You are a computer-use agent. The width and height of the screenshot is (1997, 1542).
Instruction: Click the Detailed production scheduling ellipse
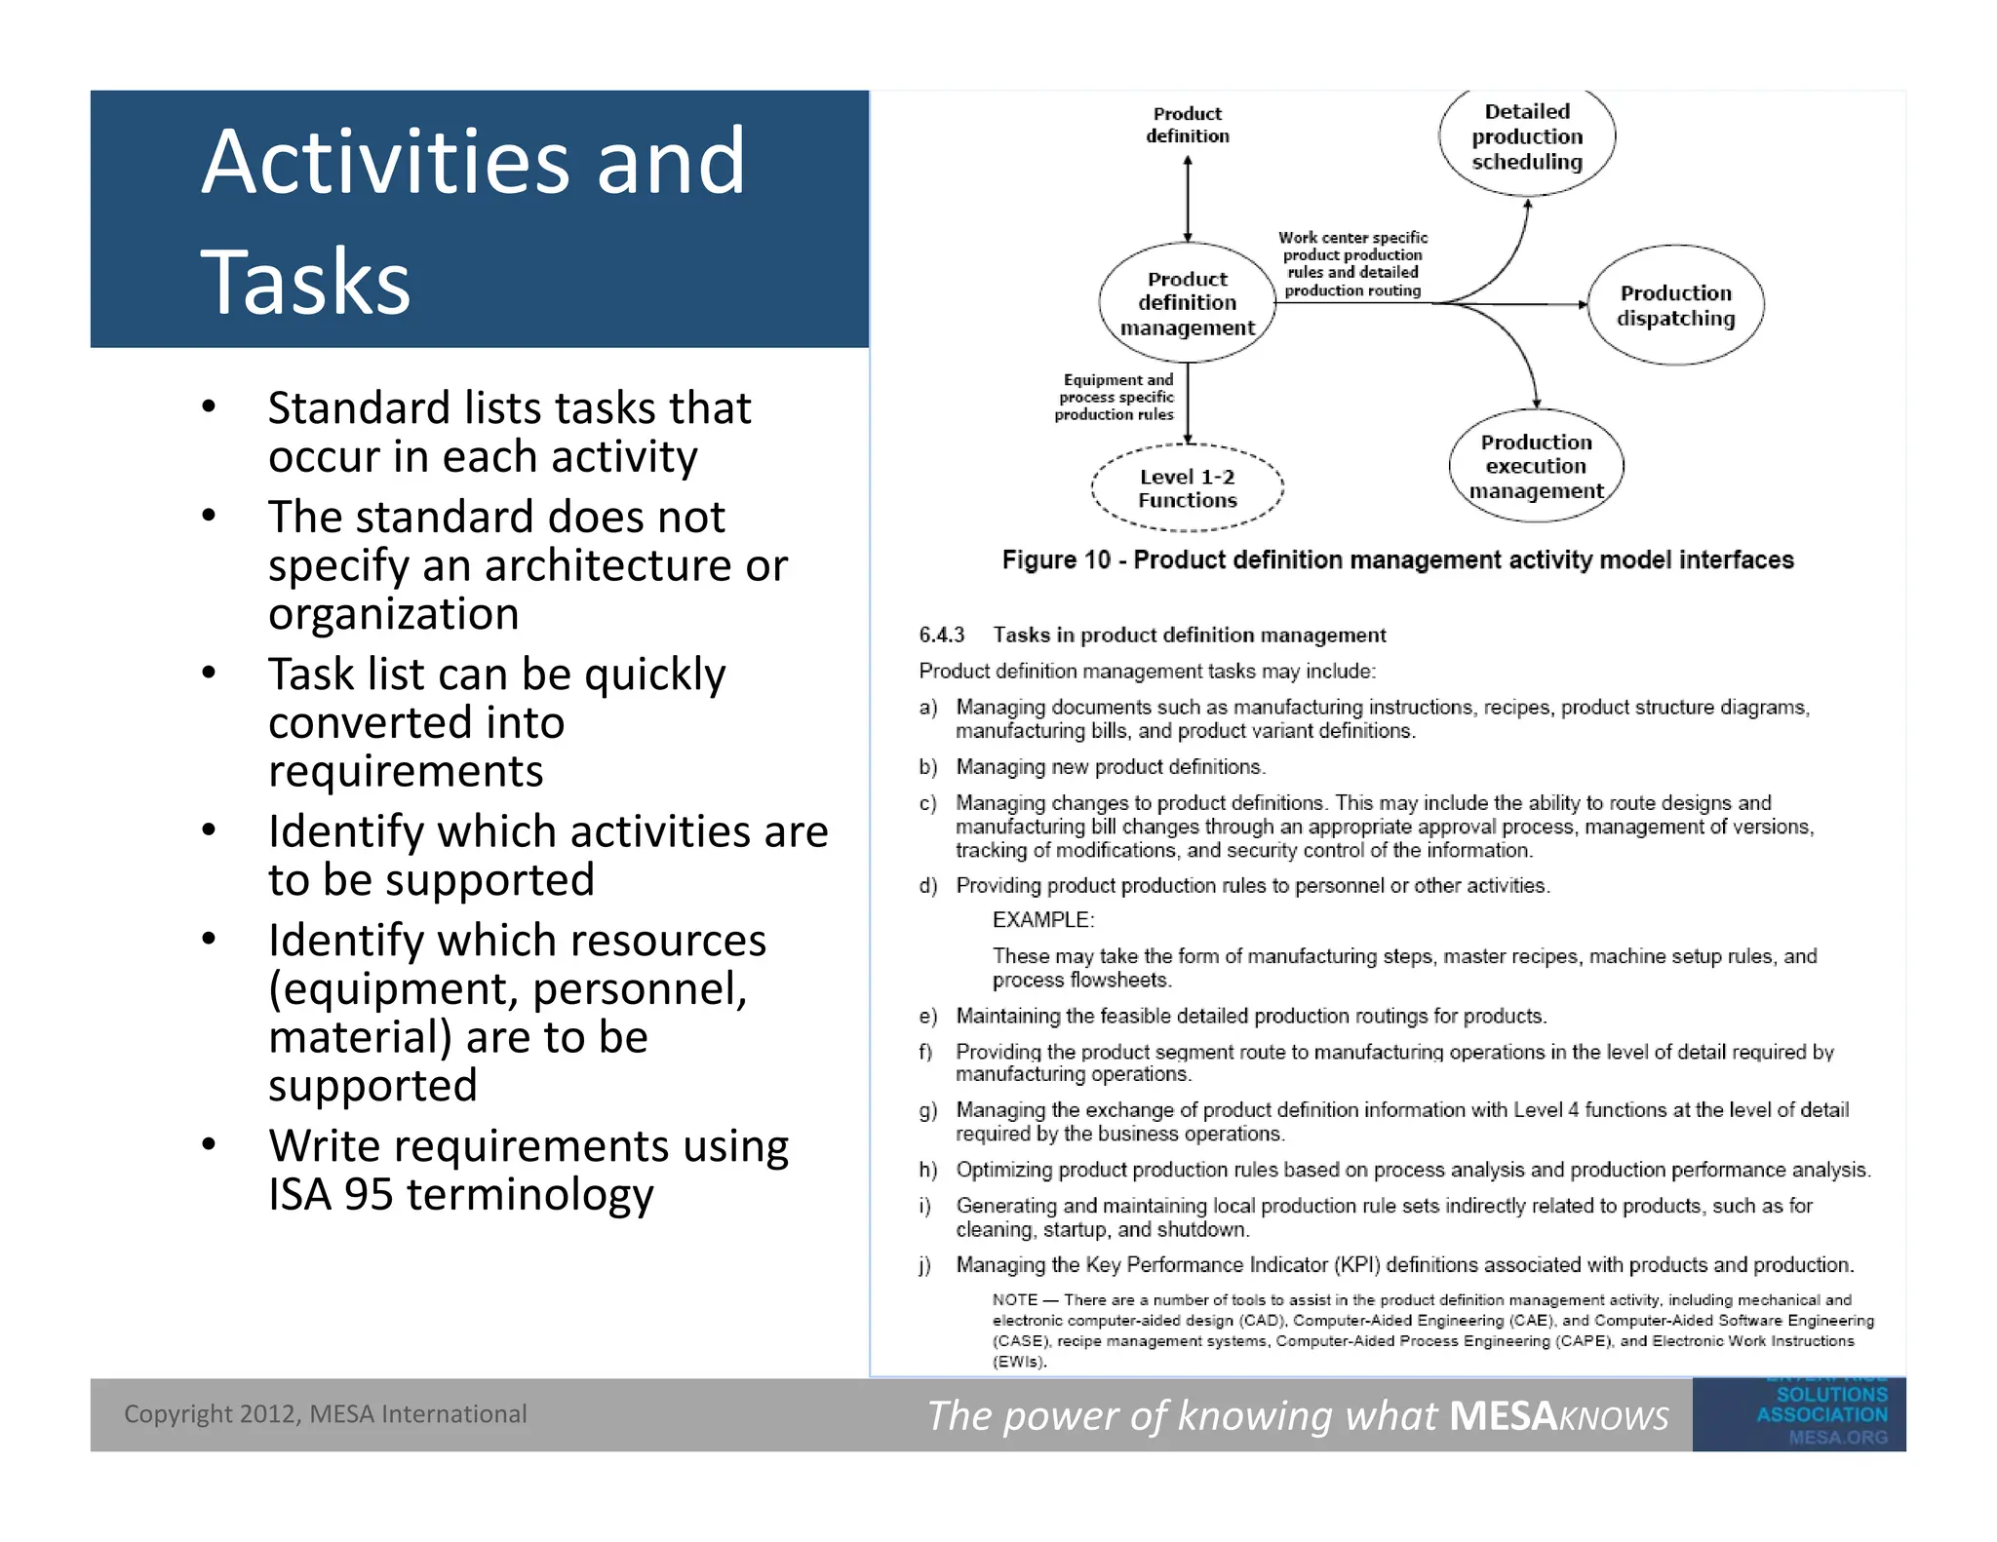1526,137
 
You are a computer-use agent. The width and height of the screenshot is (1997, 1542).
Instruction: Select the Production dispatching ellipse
1675,305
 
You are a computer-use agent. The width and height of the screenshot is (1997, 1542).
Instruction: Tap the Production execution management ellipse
1536,466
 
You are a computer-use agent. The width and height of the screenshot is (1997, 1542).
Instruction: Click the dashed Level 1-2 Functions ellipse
1187,488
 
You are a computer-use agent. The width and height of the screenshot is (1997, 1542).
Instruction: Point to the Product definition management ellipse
1187,303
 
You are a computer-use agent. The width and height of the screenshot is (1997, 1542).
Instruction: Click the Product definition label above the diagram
1187,125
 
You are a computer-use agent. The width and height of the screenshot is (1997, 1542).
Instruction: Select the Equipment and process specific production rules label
1116,397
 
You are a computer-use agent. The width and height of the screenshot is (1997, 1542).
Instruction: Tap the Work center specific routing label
1352,264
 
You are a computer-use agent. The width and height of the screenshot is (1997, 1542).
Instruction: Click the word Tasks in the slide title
305,282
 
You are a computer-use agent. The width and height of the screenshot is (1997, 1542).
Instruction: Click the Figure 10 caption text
1397,559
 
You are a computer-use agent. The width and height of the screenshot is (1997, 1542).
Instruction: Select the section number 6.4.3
941,636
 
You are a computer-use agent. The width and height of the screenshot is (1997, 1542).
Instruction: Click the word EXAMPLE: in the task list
1043,920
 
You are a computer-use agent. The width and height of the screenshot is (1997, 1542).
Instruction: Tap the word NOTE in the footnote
1014,1300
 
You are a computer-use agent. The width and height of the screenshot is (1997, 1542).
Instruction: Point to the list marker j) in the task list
925,1265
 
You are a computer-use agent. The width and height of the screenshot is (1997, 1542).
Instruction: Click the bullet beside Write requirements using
209,1144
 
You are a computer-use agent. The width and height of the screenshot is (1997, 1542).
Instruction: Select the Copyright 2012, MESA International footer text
325,1414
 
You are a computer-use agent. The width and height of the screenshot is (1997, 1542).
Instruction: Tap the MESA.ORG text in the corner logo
1837,1437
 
